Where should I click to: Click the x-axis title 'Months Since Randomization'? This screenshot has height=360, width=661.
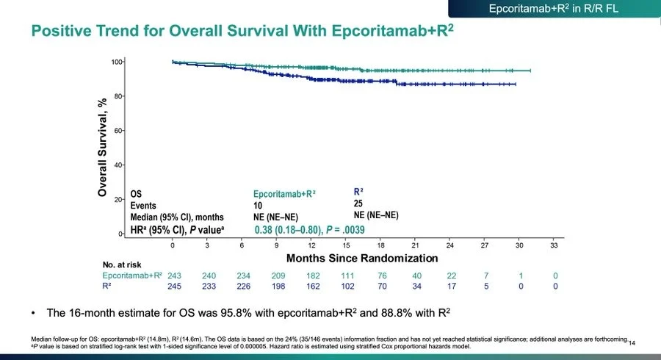(362, 258)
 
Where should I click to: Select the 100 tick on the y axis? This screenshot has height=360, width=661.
(115, 62)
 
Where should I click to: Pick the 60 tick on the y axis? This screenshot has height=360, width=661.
(118, 131)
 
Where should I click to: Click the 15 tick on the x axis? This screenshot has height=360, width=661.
(347, 245)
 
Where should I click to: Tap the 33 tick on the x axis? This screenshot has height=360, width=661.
(555, 245)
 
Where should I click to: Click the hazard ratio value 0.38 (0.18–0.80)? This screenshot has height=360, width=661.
(288, 230)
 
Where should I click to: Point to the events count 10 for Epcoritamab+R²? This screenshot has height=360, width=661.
(259, 206)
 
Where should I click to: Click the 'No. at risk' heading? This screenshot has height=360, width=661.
(121, 264)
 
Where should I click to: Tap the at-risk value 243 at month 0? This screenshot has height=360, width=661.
(173, 275)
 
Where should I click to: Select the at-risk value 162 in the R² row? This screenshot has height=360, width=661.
(311, 286)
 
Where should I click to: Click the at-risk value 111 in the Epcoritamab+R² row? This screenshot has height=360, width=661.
(347, 275)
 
